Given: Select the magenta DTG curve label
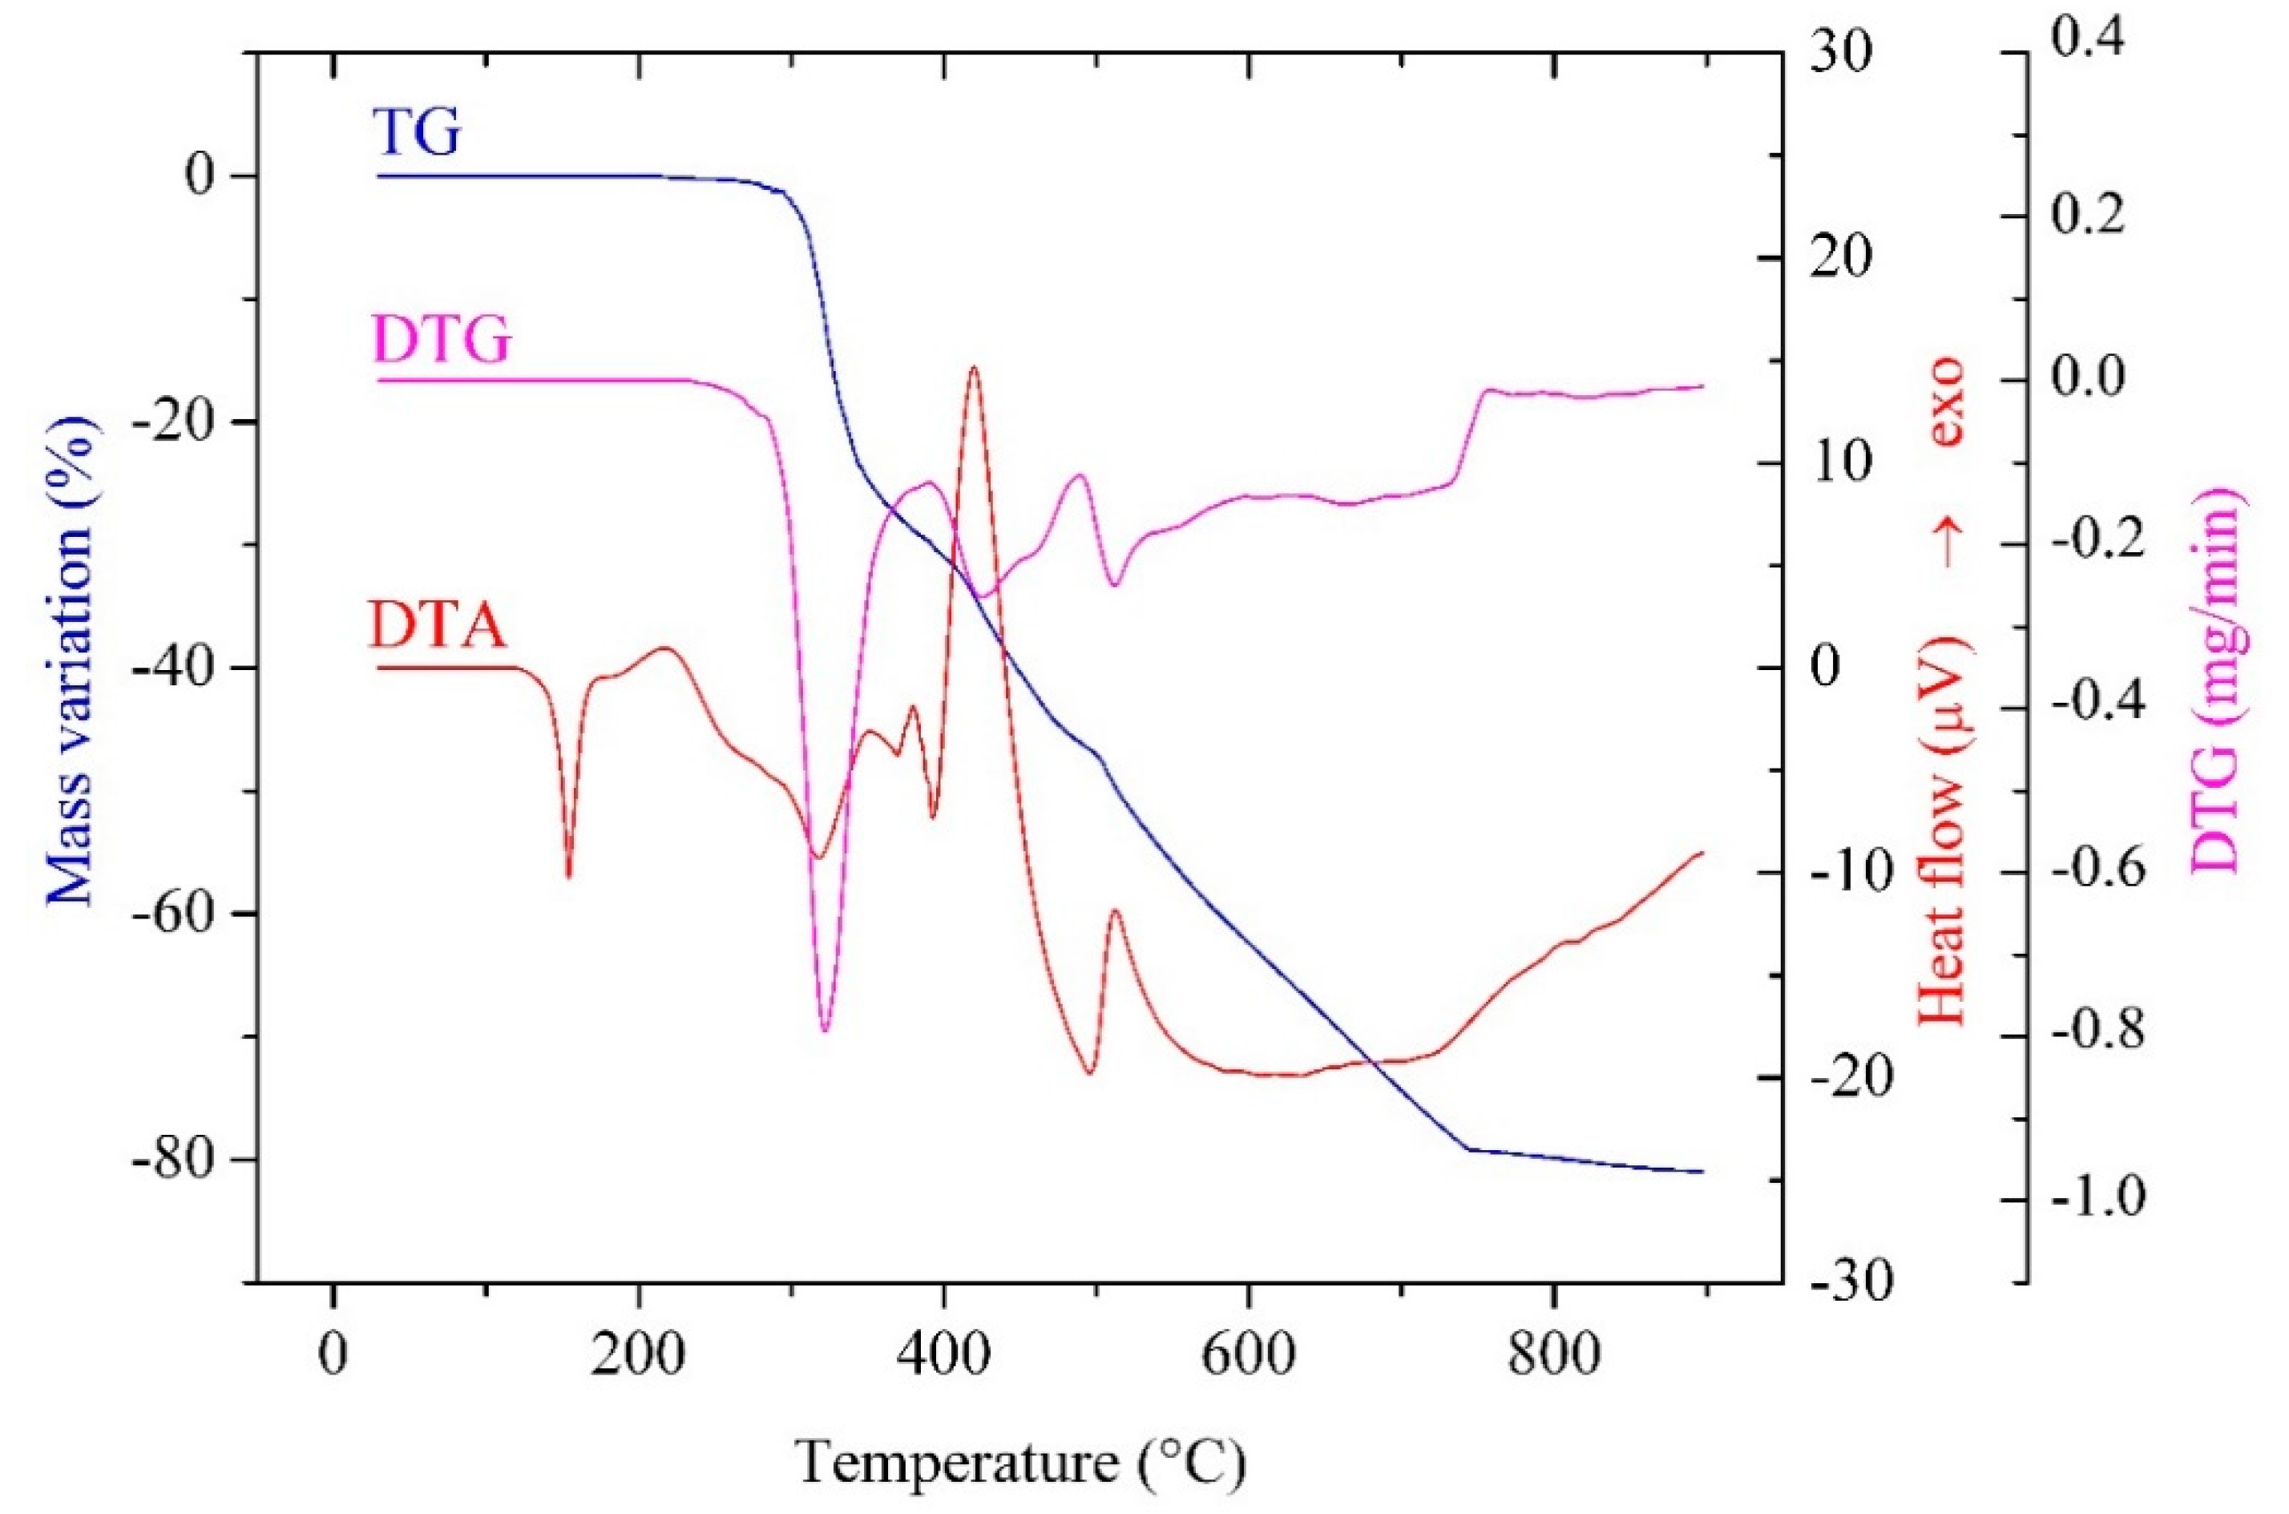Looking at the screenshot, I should [x=441, y=340].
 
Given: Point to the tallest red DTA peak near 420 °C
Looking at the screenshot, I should [x=973, y=368].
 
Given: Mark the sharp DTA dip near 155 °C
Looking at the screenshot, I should [x=568, y=874].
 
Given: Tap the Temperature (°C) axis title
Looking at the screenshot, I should [x=1020, y=1462].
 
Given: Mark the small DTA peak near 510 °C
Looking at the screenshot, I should [x=1116, y=910].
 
